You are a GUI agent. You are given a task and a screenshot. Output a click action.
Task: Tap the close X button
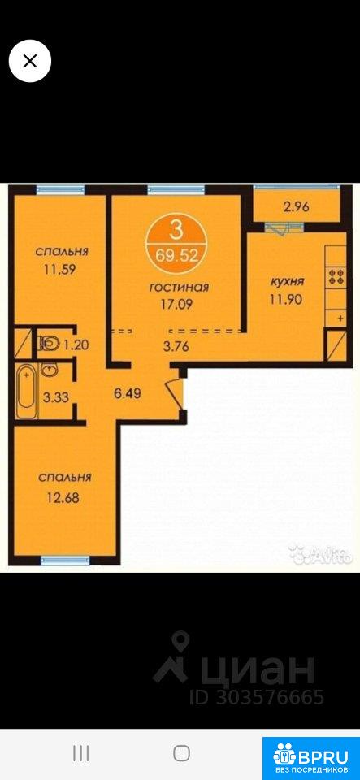(30, 61)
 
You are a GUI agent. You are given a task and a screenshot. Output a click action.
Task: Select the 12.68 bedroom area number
(65, 497)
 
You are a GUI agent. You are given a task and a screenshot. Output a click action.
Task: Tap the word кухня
(287, 282)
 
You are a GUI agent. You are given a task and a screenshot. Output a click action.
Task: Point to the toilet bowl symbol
(49, 343)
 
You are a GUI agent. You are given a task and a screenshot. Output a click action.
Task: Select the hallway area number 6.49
(128, 395)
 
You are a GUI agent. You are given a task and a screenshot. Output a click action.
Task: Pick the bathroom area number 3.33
(56, 397)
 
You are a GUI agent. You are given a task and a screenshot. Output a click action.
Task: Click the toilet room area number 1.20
(76, 344)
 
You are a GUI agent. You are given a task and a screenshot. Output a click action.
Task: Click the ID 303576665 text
(257, 697)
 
